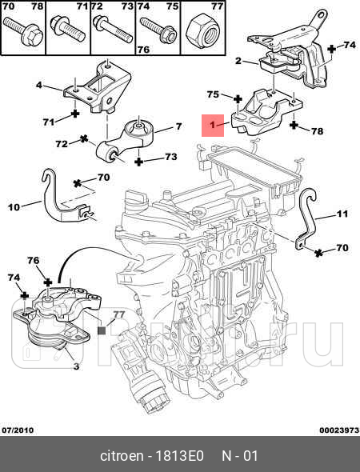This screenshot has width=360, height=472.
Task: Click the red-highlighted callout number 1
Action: (x=213, y=125)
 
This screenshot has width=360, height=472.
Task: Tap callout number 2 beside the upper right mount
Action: (x=238, y=61)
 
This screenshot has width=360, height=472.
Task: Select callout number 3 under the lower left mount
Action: (x=76, y=366)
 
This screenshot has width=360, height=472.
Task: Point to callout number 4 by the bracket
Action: (x=39, y=85)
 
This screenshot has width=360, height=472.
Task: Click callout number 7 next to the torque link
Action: (x=178, y=126)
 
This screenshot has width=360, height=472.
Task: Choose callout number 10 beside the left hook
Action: (x=14, y=207)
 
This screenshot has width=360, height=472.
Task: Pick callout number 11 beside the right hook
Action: (x=342, y=214)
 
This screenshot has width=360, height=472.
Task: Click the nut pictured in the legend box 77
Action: (x=202, y=30)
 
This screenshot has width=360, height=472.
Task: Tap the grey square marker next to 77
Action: (x=102, y=330)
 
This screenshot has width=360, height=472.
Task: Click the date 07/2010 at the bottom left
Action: (x=18, y=430)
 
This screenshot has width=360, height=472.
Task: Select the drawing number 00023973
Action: (x=339, y=430)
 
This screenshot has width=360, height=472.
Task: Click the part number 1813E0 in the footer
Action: (x=179, y=456)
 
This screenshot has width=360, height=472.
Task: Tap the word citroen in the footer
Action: (x=122, y=456)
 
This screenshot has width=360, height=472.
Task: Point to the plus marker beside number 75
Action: (x=238, y=99)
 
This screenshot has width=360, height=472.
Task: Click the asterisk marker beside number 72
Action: (x=84, y=139)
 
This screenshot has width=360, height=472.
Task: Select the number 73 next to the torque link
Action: (x=171, y=157)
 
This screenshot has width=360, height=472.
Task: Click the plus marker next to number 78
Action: (x=294, y=125)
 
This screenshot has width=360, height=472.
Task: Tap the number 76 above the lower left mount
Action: (x=34, y=260)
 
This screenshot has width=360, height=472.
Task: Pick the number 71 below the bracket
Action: (x=49, y=122)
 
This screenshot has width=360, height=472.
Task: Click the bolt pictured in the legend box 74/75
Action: (x=158, y=31)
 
